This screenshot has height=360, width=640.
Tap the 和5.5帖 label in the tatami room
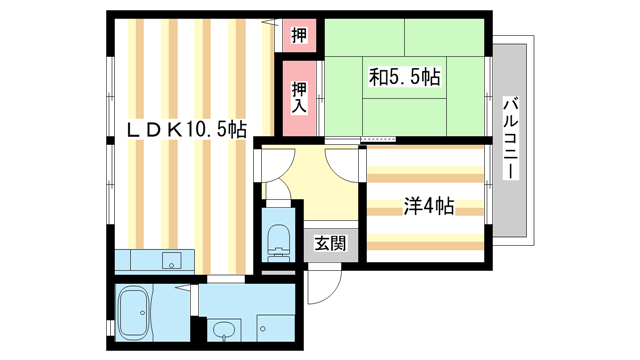[406, 75]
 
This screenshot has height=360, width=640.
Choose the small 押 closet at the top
[299, 36]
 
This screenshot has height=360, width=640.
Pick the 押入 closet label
[299, 96]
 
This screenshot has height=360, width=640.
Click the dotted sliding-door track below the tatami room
[379, 139]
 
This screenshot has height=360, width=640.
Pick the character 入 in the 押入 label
[299, 104]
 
